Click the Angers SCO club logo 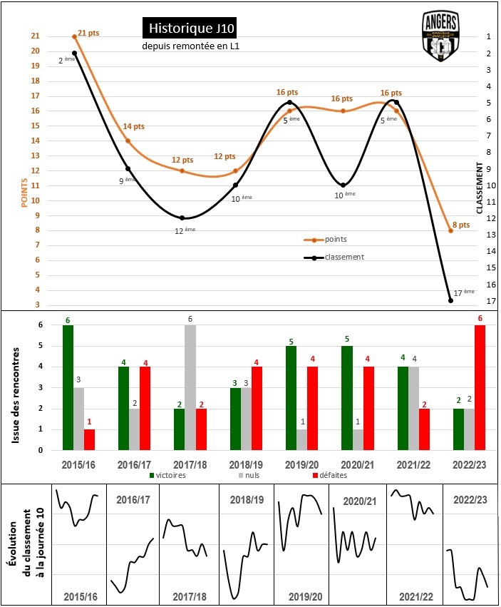[x=440, y=36]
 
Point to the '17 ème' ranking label [x=463, y=292]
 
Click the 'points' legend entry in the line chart [x=335, y=240]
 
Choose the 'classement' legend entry [x=344, y=257]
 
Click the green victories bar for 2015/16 [x=68, y=387]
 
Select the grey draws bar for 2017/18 [x=190, y=387]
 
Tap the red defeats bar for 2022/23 [x=480, y=387]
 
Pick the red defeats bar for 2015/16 [x=89, y=439]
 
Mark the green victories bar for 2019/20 [x=291, y=398]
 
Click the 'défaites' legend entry [x=331, y=474]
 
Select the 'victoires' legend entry [x=171, y=474]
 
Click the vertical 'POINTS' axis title [x=25, y=193]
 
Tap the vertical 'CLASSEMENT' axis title [x=480, y=188]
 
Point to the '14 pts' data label [x=133, y=126]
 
